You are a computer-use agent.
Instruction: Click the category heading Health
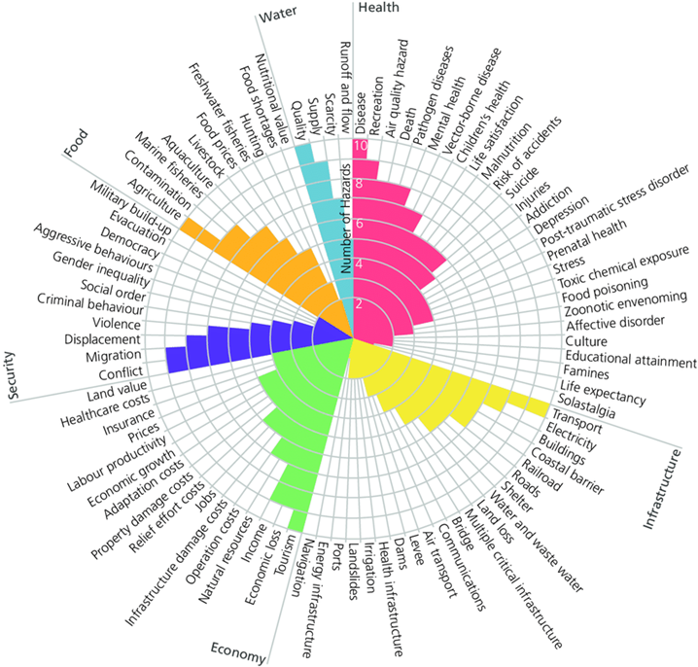[378, 8]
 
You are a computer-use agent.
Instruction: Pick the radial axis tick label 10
[361, 147]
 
